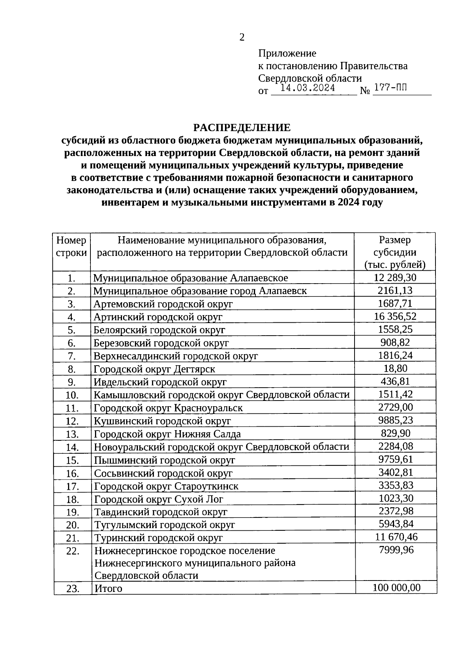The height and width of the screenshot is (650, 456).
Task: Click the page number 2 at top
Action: point(242,37)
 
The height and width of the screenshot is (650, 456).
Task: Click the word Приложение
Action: point(287,53)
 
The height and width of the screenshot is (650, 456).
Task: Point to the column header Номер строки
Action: point(71,246)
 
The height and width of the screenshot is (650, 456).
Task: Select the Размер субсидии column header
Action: point(394,252)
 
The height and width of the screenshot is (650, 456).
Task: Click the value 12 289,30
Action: point(395,278)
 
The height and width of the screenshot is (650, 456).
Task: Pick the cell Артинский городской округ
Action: point(158,317)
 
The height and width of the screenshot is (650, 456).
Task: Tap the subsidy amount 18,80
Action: point(395,368)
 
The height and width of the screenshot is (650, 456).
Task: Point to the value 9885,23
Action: point(395,420)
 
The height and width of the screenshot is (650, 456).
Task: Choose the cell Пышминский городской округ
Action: point(165,461)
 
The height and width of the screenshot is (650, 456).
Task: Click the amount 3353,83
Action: point(396,486)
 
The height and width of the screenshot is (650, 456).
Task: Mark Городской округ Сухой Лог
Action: point(158,499)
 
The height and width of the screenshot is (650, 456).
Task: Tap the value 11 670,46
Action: point(396,537)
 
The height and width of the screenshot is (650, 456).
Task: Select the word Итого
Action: point(108,589)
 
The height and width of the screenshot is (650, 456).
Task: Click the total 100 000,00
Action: point(396,588)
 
